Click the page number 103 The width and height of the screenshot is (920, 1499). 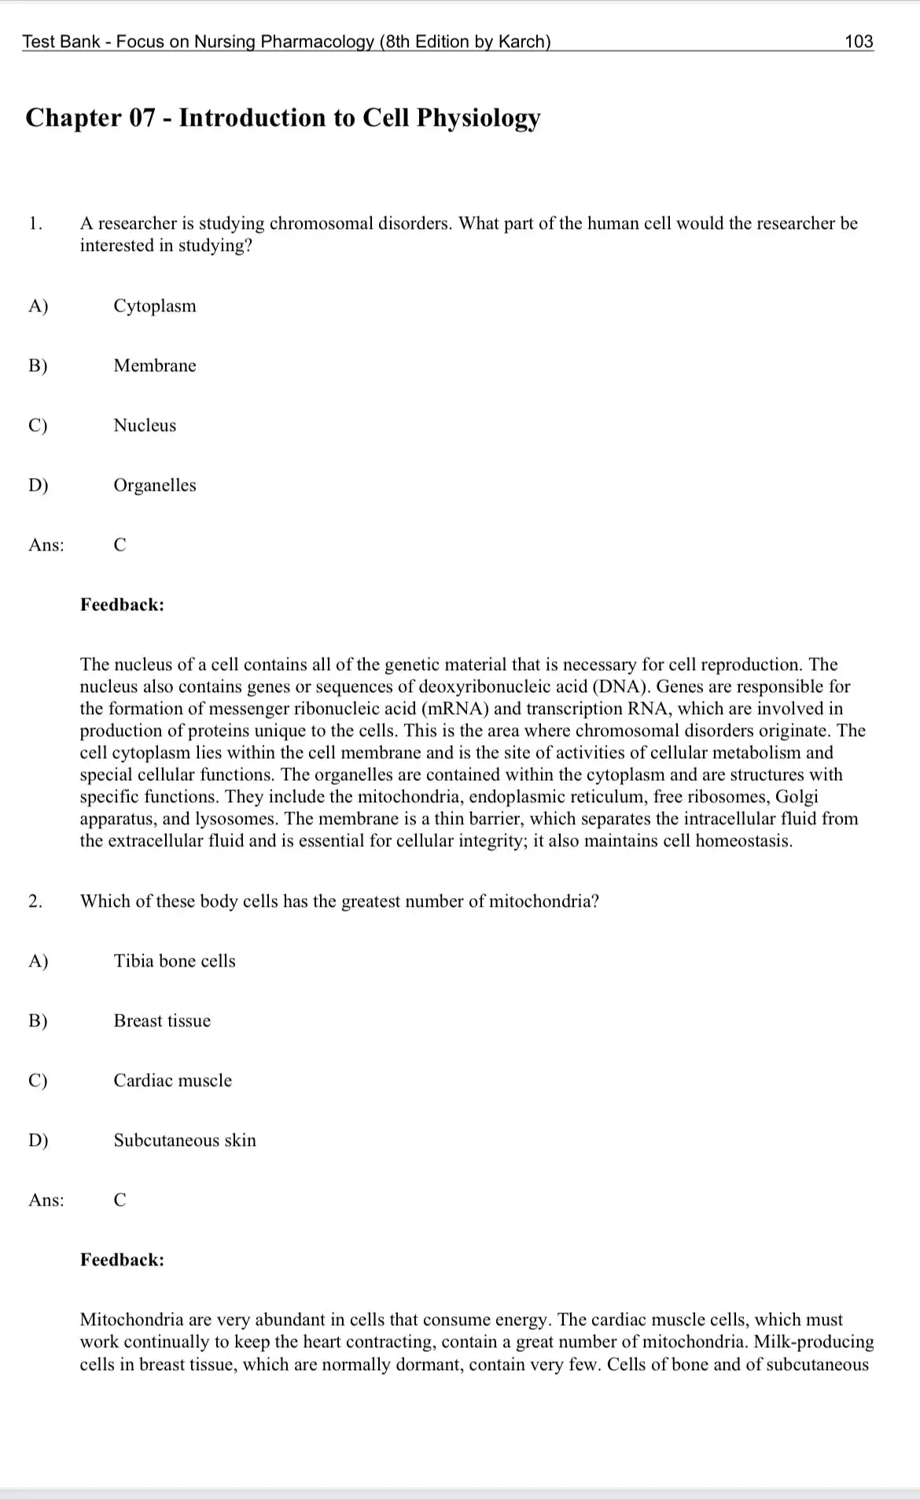[859, 42]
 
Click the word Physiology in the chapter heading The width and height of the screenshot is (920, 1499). [478, 118]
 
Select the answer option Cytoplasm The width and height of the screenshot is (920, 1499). [155, 306]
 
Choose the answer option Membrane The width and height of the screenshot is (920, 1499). [155, 366]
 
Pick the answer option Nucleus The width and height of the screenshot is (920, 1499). [145, 425]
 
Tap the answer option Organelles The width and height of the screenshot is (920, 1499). [155, 485]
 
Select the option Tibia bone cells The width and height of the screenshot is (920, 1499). [175, 961]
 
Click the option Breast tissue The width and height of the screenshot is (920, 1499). [162, 1021]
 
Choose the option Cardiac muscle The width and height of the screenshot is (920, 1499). [173, 1081]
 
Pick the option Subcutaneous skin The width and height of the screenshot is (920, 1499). [185, 1140]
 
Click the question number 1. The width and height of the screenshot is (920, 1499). [35, 223]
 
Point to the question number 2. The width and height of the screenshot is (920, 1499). [35, 901]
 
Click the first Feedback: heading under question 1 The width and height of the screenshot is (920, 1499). [122, 605]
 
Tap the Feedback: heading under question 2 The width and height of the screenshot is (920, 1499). [122, 1260]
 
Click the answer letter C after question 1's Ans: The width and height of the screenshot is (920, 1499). [120, 545]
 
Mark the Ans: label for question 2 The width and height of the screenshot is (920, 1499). [46, 1200]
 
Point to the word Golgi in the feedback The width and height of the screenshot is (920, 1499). [797, 797]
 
